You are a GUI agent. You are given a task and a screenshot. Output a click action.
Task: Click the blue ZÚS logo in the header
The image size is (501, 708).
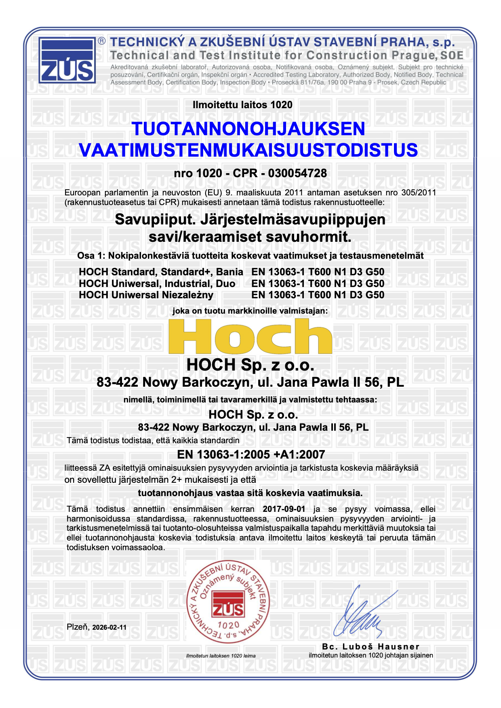[x=67, y=61]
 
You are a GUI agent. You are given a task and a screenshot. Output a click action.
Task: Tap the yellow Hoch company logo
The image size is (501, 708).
[x=250, y=336]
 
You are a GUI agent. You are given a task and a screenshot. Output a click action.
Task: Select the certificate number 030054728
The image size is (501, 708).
[x=297, y=173]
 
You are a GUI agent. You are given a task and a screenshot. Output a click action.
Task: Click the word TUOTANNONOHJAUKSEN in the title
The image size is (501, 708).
[x=248, y=129]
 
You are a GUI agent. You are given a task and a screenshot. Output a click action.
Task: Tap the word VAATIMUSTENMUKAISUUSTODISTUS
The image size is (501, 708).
[x=248, y=150]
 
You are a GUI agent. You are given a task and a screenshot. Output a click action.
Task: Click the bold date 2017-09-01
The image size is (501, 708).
[x=284, y=509]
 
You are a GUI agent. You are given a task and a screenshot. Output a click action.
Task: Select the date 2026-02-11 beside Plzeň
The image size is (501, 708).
[x=109, y=627]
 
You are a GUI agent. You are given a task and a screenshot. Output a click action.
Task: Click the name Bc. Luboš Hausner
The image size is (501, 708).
[x=370, y=647]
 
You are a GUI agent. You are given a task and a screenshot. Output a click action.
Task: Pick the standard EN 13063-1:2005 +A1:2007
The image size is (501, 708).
[x=251, y=455]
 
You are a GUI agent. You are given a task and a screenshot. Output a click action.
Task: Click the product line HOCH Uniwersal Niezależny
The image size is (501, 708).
[x=146, y=295]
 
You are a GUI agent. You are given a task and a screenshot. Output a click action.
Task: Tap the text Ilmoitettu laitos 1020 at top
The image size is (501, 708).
[x=242, y=105]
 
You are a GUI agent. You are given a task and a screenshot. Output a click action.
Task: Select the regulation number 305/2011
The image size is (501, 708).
[x=419, y=193]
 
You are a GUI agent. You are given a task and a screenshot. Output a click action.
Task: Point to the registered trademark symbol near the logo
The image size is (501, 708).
[x=102, y=41]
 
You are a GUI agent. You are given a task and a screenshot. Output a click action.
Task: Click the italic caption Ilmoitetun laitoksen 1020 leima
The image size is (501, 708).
[x=221, y=656]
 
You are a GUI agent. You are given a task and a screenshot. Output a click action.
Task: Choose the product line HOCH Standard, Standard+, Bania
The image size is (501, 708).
[x=161, y=272]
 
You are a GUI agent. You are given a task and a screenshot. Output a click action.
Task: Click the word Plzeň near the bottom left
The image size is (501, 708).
[x=78, y=627]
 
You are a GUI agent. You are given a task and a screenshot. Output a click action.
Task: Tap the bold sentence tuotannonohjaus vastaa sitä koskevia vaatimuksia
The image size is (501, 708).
[x=250, y=493]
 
